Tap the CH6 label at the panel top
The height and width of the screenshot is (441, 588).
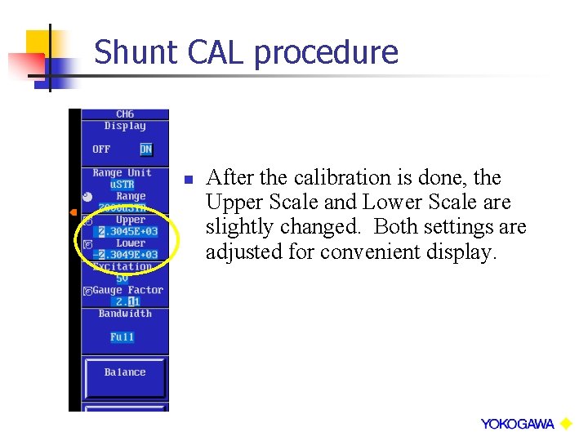(125, 114)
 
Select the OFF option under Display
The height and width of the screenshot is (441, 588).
(101, 149)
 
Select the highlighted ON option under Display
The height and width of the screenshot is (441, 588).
(145, 149)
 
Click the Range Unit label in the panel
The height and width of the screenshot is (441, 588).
(122, 173)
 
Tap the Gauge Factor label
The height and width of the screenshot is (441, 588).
(128, 290)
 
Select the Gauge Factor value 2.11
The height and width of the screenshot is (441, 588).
(127, 302)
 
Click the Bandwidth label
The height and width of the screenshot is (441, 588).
(125, 314)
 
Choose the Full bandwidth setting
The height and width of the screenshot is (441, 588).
(122, 337)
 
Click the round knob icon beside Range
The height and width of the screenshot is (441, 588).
(88, 196)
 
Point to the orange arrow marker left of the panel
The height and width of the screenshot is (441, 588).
(73, 212)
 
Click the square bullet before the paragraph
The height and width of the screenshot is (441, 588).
(187, 179)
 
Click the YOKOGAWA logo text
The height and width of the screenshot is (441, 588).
(517, 424)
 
